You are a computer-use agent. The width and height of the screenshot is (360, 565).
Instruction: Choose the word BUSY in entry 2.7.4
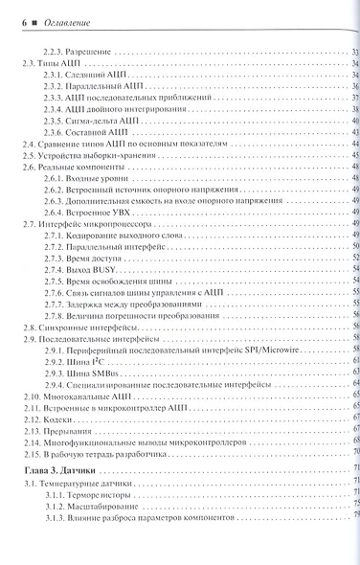point(106,271)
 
